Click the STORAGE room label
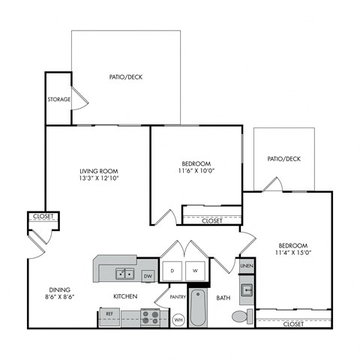(x=59, y=99)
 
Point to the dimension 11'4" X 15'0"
(x=292, y=254)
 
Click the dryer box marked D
(x=172, y=270)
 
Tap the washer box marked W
(x=194, y=270)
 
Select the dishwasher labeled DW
(x=148, y=275)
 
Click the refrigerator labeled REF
(x=109, y=313)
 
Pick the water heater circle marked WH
(x=178, y=319)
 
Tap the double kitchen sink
(x=124, y=273)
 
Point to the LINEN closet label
(x=247, y=266)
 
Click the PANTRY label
(x=178, y=297)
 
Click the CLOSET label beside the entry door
(x=43, y=217)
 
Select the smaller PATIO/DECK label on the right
(x=283, y=159)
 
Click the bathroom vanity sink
(x=246, y=289)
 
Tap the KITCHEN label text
(x=125, y=297)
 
